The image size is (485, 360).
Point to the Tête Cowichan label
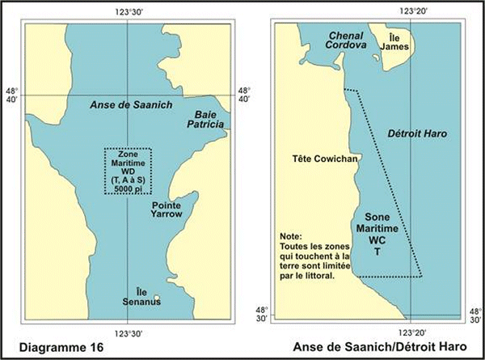[x=320, y=160]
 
